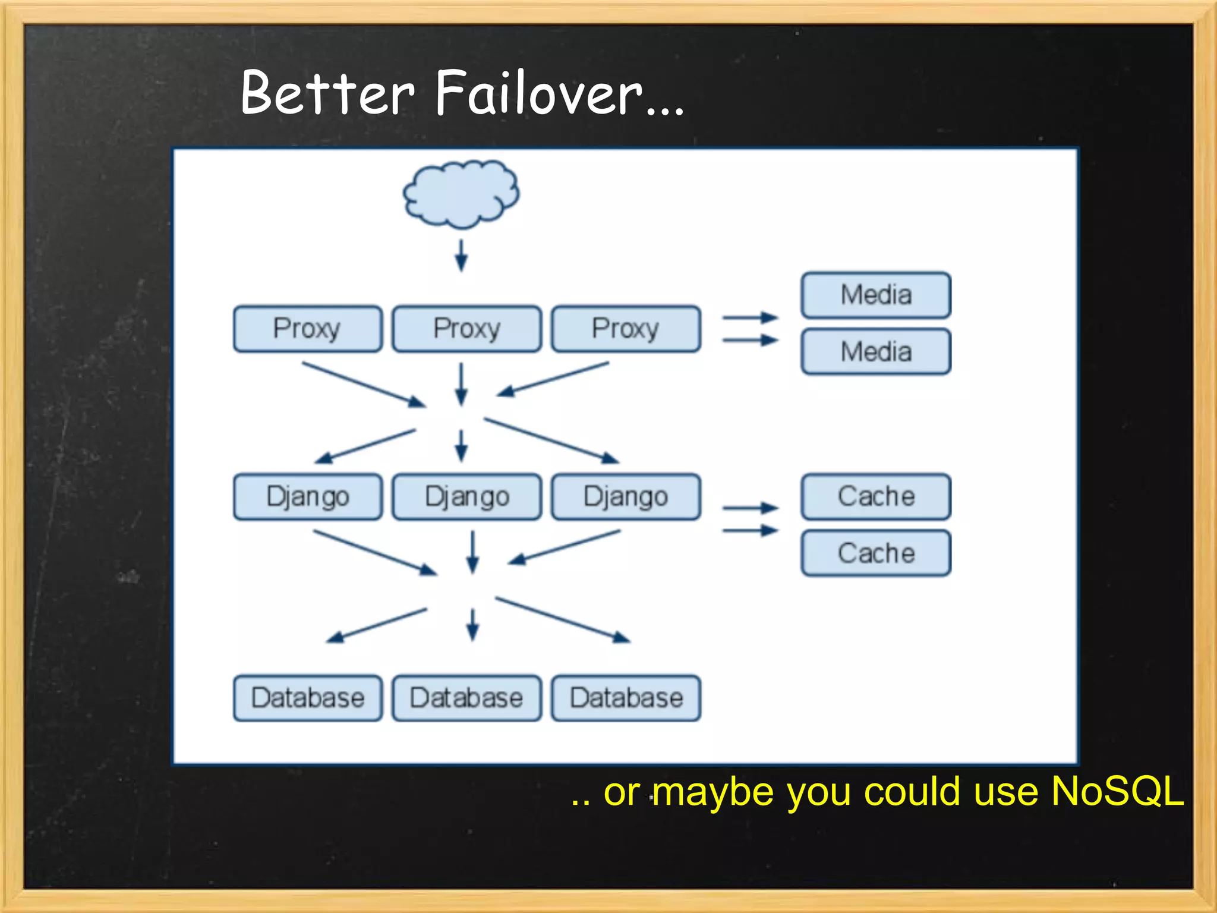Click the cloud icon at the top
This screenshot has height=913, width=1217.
click(x=461, y=194)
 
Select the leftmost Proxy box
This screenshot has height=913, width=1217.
click(x=307, y=329)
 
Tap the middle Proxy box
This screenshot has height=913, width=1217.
click(x=466, y=329)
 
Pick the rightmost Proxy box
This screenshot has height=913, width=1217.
click(x=626, y=329)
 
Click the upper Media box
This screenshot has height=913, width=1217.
click(x=876, y=295)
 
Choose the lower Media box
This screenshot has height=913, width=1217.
click(x=876, y=351)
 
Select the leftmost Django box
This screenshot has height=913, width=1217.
click(x=307, y=496)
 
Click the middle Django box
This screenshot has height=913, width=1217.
click(x=466, y=496)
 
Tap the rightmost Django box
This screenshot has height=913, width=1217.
click(x=626, y=496)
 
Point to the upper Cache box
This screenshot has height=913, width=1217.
click(x=876, y=496)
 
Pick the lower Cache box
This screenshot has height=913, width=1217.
click(x=876, y=553)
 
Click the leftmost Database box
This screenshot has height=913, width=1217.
click(x=307, y=698)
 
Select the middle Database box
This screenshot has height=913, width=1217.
click(x=466, y=698)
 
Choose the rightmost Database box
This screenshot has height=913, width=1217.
click(x=626, y=698)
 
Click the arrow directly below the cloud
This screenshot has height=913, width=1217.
click(x=461, y=256)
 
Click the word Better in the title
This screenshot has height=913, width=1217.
click(x=327, y=94)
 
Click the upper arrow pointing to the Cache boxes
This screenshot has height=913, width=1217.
click(x=750, y=508)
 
